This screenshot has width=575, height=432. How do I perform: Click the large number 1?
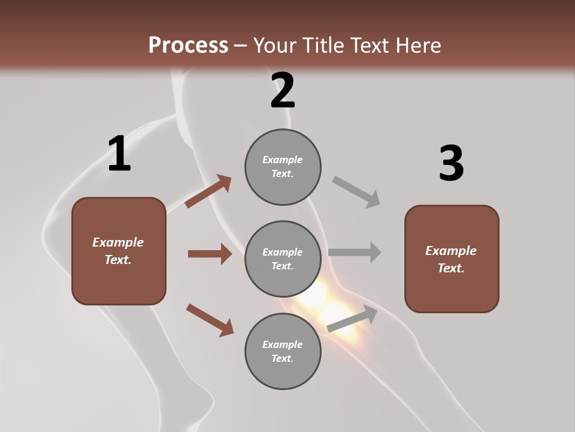tap(119, 154)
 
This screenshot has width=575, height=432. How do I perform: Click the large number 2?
tap(283, 91)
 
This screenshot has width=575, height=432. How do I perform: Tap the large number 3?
tap(451, 164)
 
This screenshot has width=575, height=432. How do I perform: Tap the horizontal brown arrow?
tap(210, 254)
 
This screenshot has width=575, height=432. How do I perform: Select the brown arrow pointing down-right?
tap(210, 320)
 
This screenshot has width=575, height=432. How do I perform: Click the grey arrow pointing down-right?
tap(356, 192)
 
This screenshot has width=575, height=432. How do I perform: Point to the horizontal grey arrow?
tap(355, 252)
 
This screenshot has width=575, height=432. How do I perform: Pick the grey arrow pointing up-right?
tap(353, 319)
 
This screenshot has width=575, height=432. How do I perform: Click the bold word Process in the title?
tap(188, 45)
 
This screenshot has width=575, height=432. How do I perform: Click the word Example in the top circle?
tap(282, 160)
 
